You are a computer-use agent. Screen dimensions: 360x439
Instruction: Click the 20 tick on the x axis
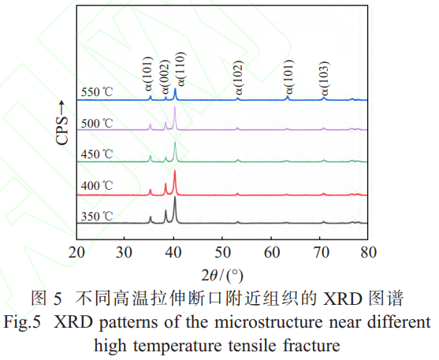point(76,252)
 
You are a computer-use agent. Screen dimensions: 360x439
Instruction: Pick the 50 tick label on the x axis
point(223,252)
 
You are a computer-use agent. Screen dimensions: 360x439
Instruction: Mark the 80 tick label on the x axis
point(368,252)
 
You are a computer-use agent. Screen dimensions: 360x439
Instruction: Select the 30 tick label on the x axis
point(125,252)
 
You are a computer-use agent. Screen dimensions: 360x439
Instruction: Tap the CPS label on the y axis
point(62,126)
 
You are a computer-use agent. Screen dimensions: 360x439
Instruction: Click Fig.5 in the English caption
point(24,323)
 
